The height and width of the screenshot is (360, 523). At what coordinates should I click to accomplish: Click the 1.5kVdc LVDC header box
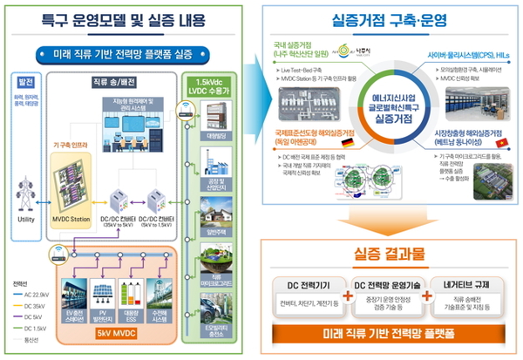[x=210, y=87]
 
